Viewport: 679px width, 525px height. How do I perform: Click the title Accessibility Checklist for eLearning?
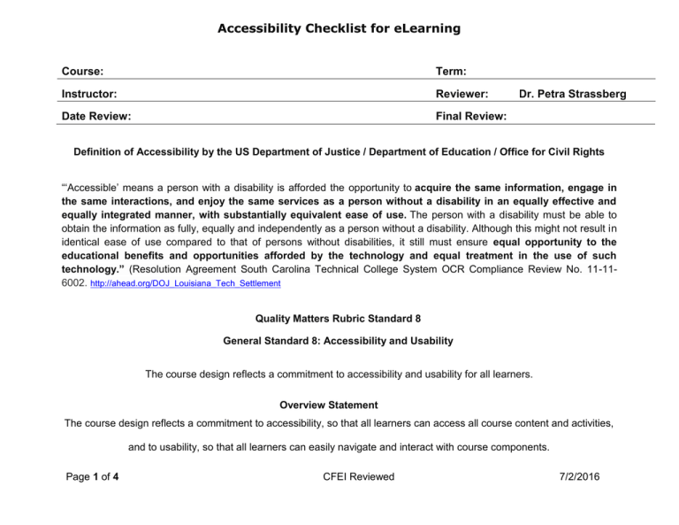coord(339,29)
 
